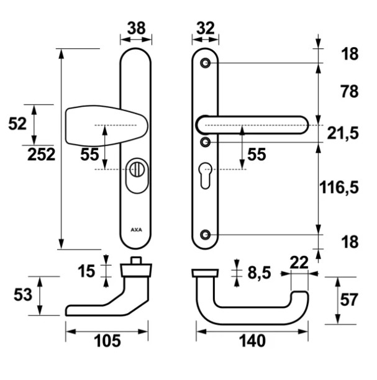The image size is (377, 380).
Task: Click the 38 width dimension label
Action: point(136,28)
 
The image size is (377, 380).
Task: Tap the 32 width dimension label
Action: point(206,28)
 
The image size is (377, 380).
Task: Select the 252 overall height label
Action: point(42,155)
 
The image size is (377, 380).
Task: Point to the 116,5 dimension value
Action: point(338,188)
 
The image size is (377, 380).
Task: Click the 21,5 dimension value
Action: point(343,133)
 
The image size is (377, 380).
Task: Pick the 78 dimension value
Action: point(349,91)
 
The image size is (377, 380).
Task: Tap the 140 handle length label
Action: point(252,341)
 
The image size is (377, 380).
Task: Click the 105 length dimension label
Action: point(107,341)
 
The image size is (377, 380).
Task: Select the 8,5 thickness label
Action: point(259,273)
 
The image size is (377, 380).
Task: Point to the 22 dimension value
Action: point(299,263)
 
